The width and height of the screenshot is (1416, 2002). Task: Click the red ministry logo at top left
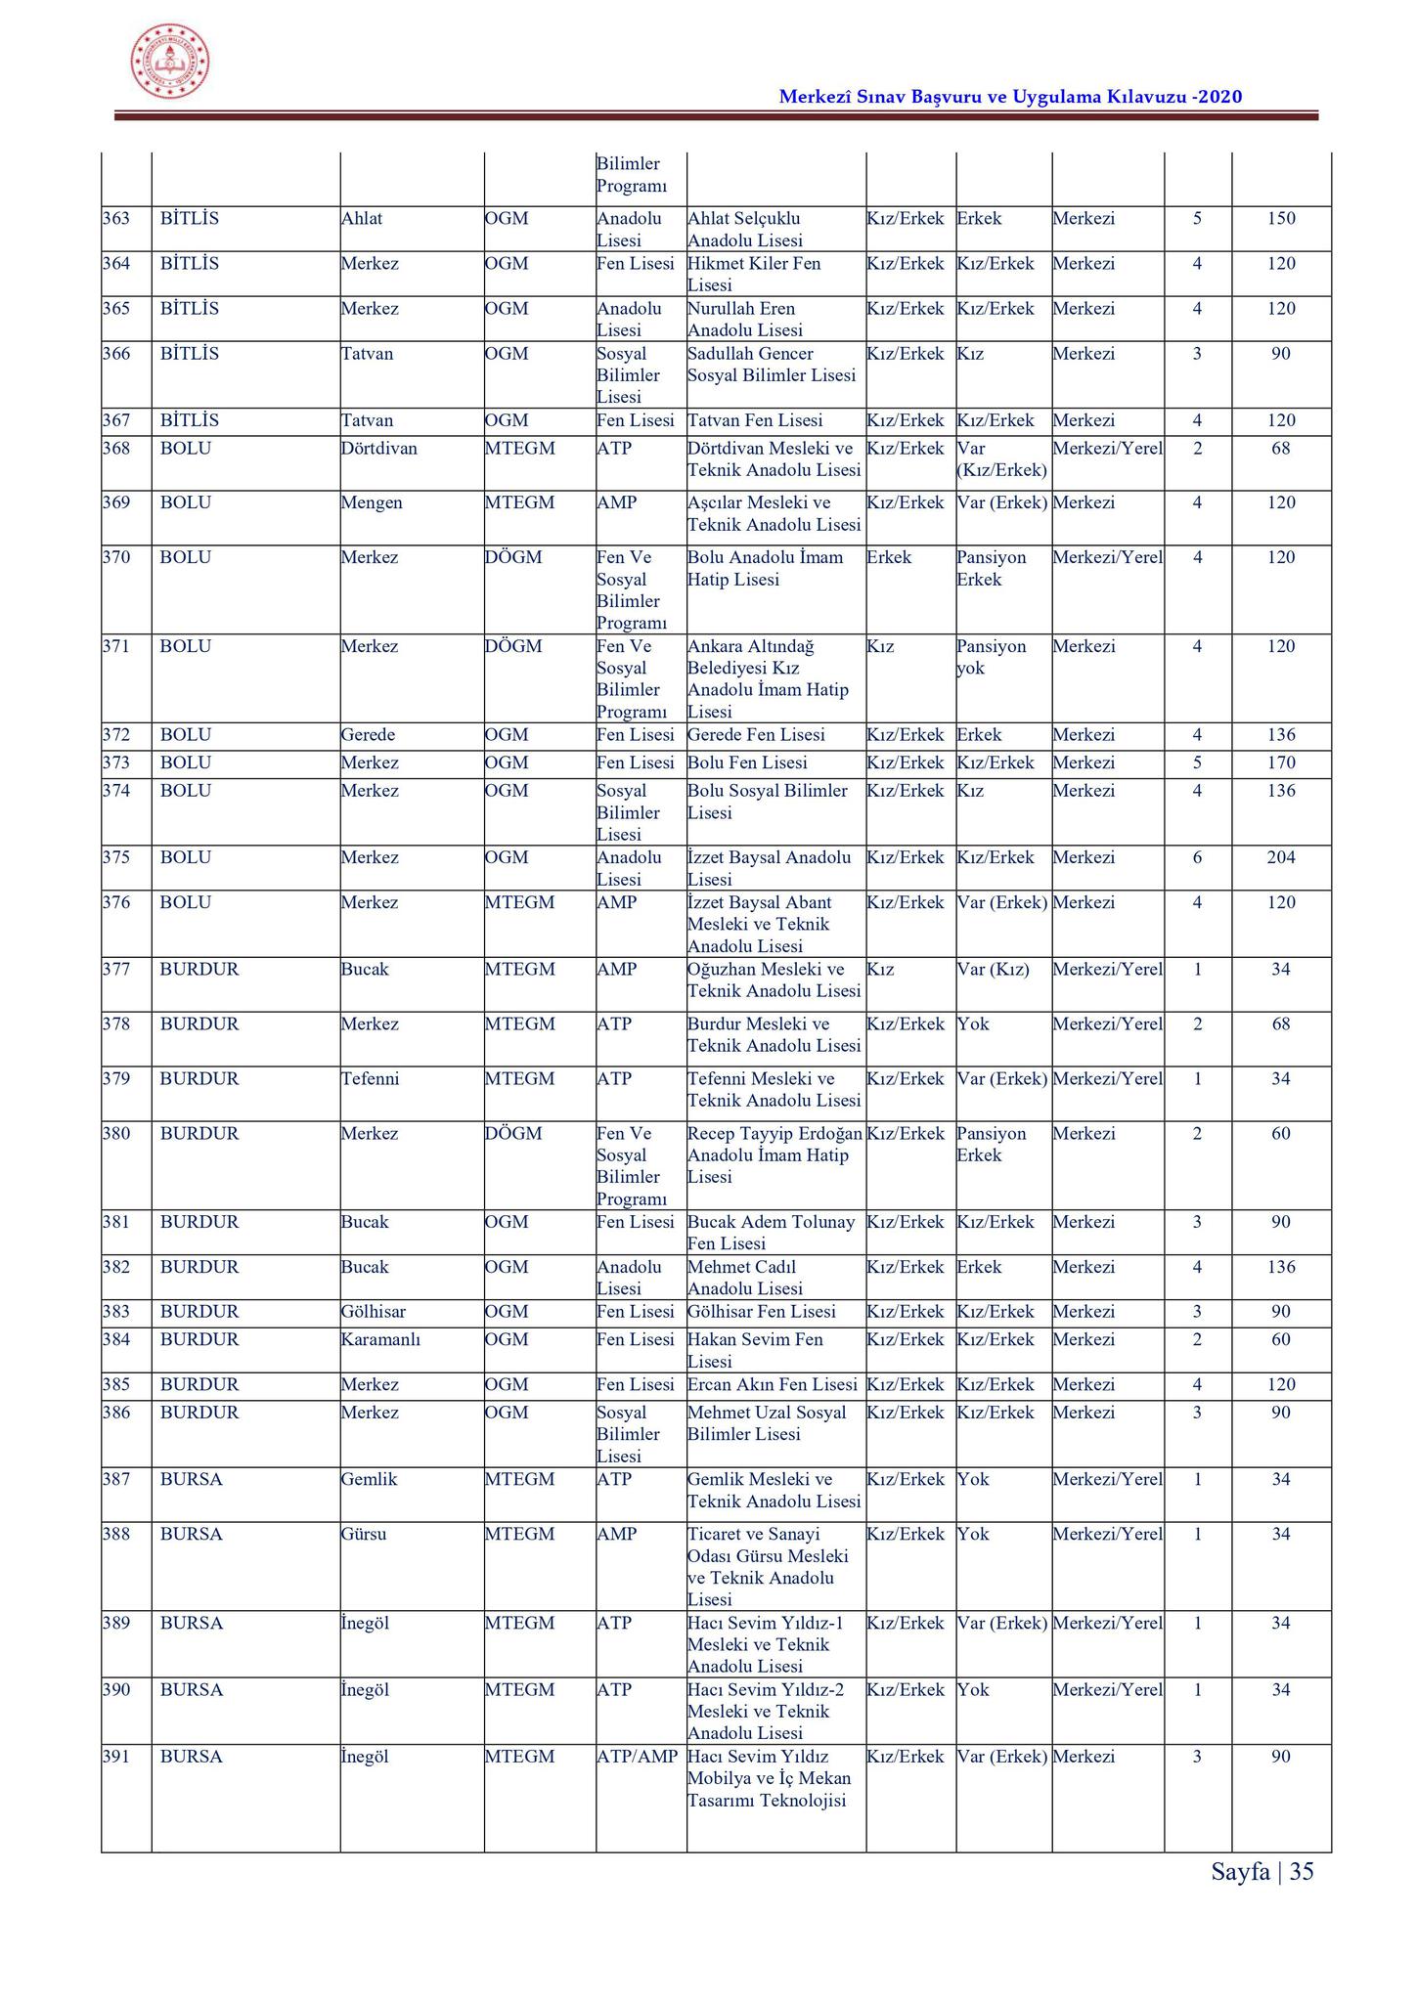(x=170, y=63)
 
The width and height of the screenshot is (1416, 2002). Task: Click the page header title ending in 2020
(x=1010, y=96)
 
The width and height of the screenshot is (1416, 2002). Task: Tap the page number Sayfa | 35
(x=1261, y=1871)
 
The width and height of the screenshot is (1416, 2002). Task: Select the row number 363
(x=116, y=218)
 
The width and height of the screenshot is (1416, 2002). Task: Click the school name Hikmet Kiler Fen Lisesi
(x=754, y=274)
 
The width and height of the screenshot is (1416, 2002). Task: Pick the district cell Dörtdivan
(x=378, y=449)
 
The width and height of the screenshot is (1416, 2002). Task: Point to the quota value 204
(x=1280, y=857)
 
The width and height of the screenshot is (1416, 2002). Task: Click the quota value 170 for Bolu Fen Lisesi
(x=1280, y=762)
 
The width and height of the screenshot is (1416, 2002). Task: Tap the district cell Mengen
(x=372, y=503)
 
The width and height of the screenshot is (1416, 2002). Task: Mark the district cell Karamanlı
(x=380, y=1339)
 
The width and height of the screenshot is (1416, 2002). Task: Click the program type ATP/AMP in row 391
(x=637, y=1757)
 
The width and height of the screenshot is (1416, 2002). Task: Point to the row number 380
(x=116, y=1134)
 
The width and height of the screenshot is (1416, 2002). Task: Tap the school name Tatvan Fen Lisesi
(x=755, y=421)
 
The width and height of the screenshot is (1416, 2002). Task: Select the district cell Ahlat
(x=362, y=218)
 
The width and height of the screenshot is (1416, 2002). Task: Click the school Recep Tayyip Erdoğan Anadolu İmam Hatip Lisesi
(x=774, y=1155)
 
